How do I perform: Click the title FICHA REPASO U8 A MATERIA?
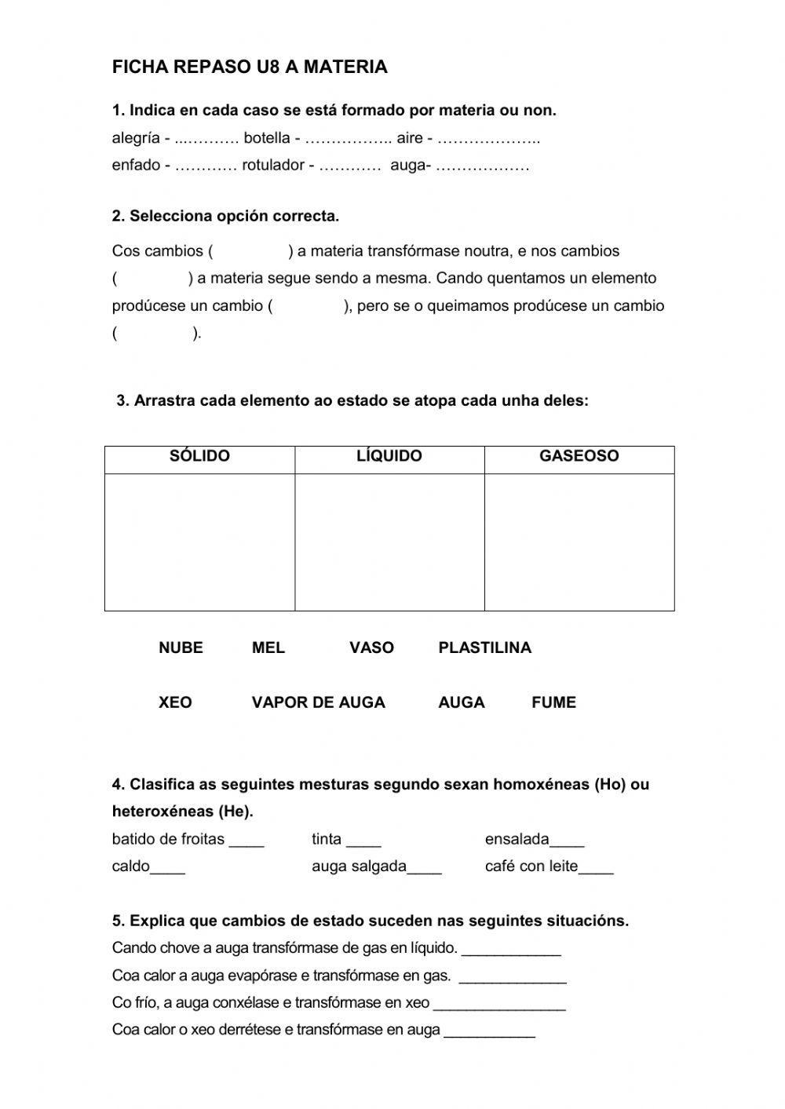[x=250, y=67]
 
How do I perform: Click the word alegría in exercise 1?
[x=136, y=139]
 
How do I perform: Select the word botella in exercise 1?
[x=267, y=139]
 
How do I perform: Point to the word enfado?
[x=136, y=166]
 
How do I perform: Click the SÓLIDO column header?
[x=199, y=456]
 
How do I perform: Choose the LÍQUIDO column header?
[x=389, y=456]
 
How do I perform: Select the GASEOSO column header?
[x=579, y=456]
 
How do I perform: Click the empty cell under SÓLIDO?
[x=199, y=542]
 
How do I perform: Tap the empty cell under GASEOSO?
[x=579, y=542]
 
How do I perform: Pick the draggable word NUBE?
[x=181, y=648]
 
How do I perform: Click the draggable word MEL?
[x=268, y=648]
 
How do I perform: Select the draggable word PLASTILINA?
[x=484, y=648]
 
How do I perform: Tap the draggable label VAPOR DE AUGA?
[x=318, y=702]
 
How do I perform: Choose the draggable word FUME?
[x=553, y=702]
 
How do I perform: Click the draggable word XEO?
[x=175, y=702]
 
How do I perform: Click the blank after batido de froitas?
[x=246, y=841]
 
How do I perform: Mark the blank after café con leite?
[x=596, y=868]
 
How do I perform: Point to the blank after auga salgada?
[x=425, y=868]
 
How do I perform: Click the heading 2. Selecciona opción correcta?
[x=225, y=216]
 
